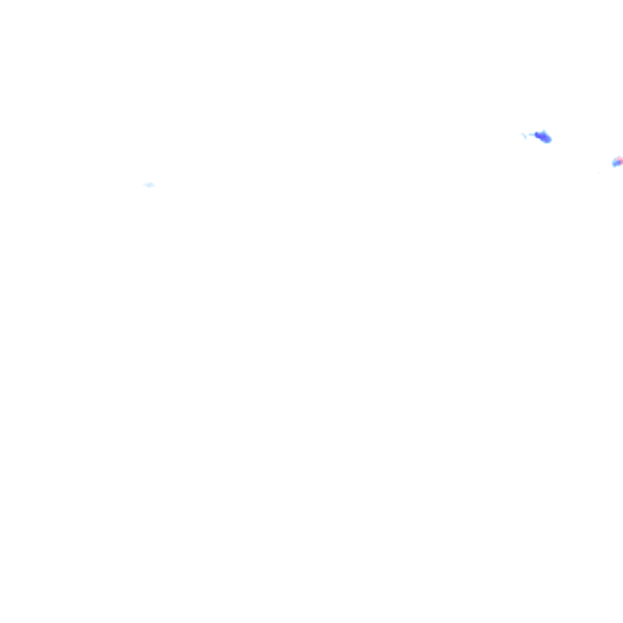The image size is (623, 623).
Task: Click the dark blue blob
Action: [x=543, y=136]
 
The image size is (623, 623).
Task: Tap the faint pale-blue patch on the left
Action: [x=149, y=184]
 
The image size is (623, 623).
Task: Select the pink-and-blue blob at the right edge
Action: [x=618, y=161]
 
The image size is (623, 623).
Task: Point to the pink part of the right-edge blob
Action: [x=619, y=161]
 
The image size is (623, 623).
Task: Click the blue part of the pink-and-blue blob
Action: [x=614, y=163]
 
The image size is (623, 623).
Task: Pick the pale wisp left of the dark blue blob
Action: [x=524, y=136]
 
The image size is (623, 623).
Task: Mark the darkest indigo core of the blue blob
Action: [x=538, y=134]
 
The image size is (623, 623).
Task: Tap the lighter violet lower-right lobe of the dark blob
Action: [x=547, y=139]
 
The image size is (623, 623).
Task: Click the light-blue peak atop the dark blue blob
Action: [x=541, y=131]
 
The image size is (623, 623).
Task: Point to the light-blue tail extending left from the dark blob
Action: [x=532, y=134]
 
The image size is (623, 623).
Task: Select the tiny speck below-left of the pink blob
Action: [x=599, y=172]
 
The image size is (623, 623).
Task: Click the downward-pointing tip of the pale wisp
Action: [x=525, y=139]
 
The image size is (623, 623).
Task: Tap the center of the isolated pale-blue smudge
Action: [x=149, y=184]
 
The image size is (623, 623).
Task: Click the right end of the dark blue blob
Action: [x=551, y=139]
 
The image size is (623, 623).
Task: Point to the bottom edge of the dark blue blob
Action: [x=545, y=142]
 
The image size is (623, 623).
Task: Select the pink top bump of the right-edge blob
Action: [x=620, y=158]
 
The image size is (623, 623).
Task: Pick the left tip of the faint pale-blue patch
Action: [x=144, y=184]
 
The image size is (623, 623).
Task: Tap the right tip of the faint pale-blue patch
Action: [x=155, y=185]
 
